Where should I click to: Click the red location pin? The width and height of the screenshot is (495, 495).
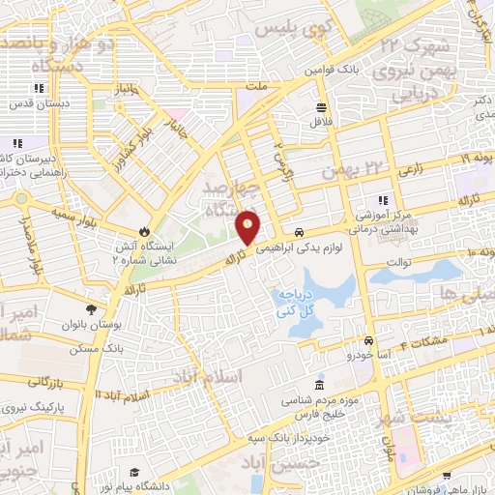247,226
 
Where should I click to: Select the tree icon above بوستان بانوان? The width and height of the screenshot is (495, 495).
91,309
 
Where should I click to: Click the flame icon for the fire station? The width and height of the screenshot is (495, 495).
143,232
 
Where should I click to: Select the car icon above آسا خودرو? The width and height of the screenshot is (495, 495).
368,340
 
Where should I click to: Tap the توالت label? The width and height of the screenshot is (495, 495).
399,261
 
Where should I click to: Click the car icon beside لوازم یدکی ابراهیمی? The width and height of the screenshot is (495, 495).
301,232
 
